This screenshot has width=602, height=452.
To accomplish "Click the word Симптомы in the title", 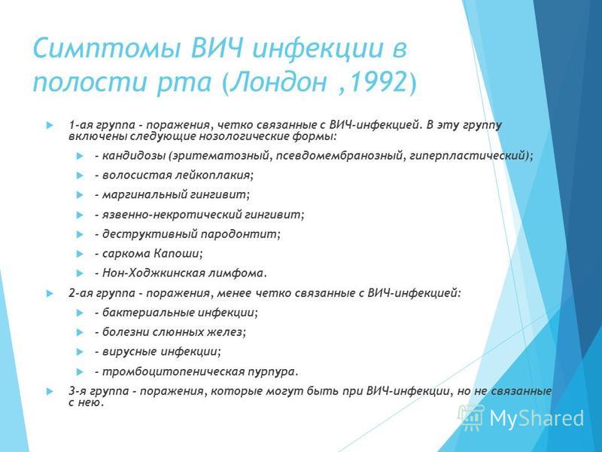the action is click(x=105, y=48).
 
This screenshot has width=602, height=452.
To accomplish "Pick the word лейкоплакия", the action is click(x=214, y=176).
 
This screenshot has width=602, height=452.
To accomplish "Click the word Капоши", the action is click(x=178, y=254).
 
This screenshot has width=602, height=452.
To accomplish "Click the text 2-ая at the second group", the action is click(x=81, y=293).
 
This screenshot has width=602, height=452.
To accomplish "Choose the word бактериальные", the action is click(x=147, y=313).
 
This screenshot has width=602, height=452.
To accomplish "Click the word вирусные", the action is click(x=129, y=352).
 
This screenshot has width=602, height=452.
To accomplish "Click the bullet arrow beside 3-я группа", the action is click(x=49, y=392).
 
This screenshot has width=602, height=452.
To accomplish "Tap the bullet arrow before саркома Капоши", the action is click(x=80, y=254).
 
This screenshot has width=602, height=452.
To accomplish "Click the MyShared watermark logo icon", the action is click(x=472, y=417).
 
